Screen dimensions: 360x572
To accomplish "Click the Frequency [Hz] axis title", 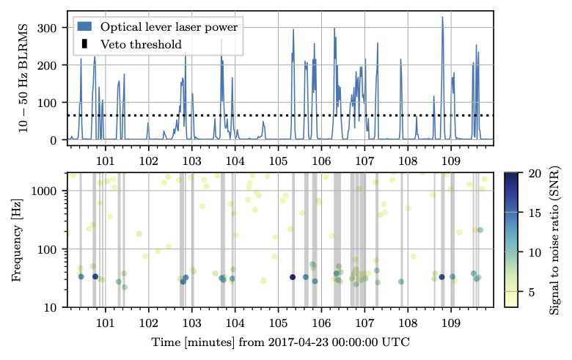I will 17,240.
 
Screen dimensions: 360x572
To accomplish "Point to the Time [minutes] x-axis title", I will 280,342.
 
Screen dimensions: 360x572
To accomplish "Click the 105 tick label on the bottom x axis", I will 278,322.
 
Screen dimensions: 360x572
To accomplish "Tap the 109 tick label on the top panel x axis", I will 451,159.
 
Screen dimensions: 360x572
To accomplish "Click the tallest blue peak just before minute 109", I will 442,18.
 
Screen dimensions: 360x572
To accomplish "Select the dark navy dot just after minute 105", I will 293,277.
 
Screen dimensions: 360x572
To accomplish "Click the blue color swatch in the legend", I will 84,27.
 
